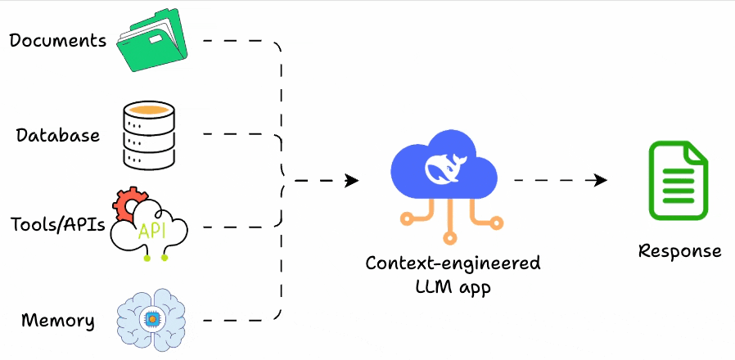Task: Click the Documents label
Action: (x=58, y=39)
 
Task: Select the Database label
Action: (x=58, y=135)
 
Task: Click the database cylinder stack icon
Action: (x=150, y=134)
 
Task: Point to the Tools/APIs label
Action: (x=58, y=224)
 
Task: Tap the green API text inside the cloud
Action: (x=152, y=230)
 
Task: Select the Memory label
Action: (x=57, y=319)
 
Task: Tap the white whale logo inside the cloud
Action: (x=444, y=169)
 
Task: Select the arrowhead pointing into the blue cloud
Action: (x=352, y=180)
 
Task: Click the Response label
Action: (x=680, y=250)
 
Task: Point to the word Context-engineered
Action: (x=453, y=263)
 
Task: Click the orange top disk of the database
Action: (x=150, y=109)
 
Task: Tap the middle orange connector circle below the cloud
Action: (x=449, y=238)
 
